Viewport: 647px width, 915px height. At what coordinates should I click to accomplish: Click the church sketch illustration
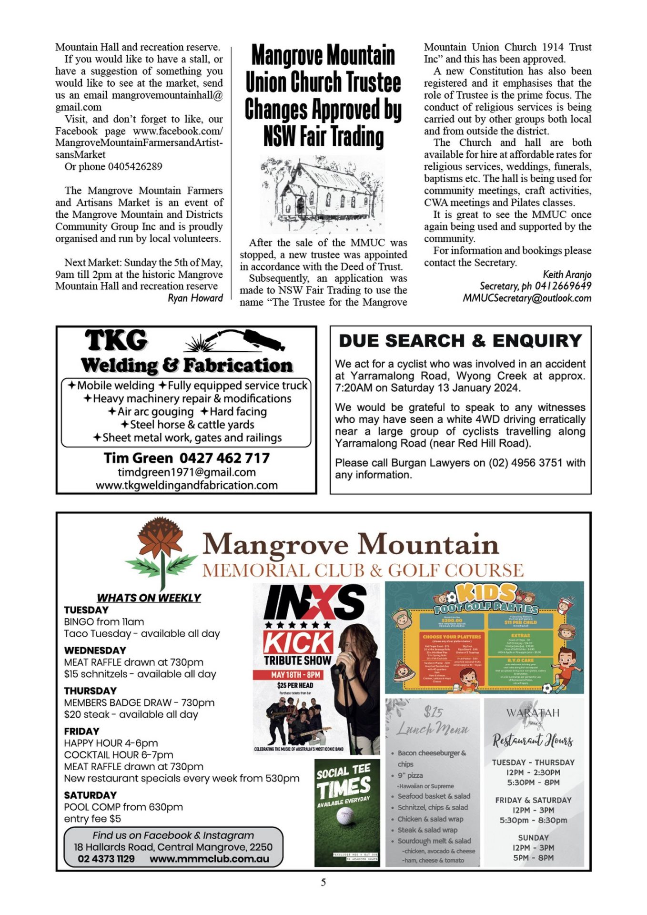323,194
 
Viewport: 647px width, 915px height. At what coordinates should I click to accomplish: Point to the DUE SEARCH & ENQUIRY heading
460,341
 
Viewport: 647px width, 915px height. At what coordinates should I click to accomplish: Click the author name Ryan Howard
195,298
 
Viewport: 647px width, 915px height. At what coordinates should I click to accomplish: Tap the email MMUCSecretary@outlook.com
527,298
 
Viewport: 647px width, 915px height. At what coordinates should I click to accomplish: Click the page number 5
323,882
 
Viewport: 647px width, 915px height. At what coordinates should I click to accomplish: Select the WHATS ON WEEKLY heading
149,598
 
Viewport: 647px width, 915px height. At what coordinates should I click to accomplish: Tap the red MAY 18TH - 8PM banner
296,675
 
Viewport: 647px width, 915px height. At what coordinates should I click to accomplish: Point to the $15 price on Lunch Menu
433,712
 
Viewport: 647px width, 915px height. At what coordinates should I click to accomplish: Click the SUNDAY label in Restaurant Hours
533,837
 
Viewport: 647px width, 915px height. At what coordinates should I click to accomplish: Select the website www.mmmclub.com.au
209,859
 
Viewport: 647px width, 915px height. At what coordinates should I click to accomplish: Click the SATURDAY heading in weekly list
91,795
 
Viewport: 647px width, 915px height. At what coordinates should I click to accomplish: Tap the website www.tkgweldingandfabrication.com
187,485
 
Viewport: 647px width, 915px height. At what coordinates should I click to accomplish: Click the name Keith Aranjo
567,274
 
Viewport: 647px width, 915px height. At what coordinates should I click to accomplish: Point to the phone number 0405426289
135,167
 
